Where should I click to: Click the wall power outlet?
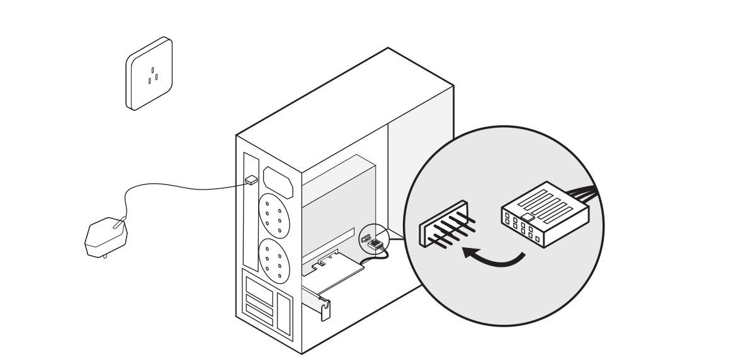150,73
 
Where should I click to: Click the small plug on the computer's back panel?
251,180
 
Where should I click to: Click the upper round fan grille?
273,214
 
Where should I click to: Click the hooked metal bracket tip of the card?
325,309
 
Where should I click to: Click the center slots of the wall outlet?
151,75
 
